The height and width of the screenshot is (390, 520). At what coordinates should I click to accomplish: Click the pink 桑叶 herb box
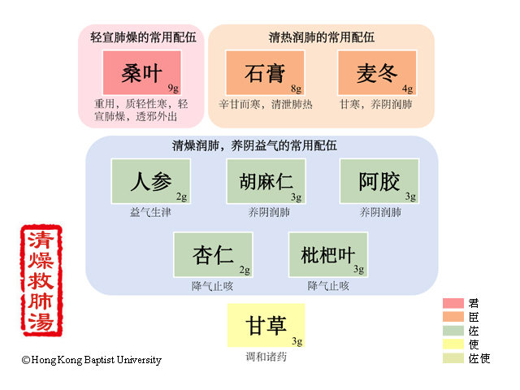pyautogui.click(x=142, y=73)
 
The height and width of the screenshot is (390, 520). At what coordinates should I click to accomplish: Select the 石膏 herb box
pyautogui.click(x=265, y=73)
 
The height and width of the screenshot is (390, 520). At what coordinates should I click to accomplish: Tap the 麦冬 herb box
pyautogui.click(x=377, y=73)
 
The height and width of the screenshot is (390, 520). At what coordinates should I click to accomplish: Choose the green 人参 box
pyautogui.click(x=151, y=181)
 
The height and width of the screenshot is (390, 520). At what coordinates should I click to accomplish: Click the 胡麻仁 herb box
pyautogui.click(x=266, y=181)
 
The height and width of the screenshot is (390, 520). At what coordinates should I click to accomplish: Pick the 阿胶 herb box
pyautogui.click(x=379, y=181)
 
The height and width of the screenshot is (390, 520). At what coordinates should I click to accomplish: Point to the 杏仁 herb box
pyautogui.click(x=213, y=254)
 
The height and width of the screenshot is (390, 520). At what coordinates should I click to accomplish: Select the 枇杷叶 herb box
pyautogui.click(x=328, y=254)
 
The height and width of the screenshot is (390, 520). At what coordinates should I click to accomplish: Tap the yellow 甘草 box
pyautogui.click(x=266, y=325)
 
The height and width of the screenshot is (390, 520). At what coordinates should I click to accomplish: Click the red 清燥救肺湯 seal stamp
pyautogui.click(x=41, y=280)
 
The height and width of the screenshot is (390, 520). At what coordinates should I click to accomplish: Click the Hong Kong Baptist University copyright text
pyautogui.click(x=92, y=360)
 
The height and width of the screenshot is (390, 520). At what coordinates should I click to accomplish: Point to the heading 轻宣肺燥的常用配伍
pyautogui.click(x=143, y=37)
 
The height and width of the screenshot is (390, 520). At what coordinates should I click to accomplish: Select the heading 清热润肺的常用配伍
pyautogui.click(x=322, y=37)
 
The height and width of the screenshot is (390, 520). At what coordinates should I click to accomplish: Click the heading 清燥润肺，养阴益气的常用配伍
pyautogui.click(x=254, y=145)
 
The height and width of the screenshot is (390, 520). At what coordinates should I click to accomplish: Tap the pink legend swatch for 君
pyautogui.click(x=453, y=303)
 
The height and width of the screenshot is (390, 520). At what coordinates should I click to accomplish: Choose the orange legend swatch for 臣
pyautogui.click(x=453, y=317)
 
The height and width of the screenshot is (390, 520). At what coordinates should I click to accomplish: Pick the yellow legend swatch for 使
pyautogui.click(x=453, y=344)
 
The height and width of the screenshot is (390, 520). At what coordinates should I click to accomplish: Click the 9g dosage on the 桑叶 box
pyautogui.click(x=173, y=89)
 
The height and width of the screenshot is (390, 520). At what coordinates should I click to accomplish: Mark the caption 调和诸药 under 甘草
pyautogui.click(x=266, y=357)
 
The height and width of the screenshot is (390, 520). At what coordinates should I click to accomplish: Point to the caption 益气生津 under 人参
pyautogui.click(x=150, y=212)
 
